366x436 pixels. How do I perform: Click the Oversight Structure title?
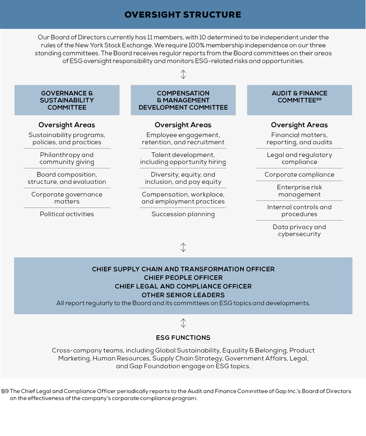click(x=183, y=15)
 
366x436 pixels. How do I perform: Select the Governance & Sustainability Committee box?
click(x=67, y=100)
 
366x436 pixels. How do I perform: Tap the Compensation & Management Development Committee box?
click(x=183, y=100)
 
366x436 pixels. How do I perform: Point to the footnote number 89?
click(x=319, y=99)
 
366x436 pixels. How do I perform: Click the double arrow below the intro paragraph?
click(x=183, y=74)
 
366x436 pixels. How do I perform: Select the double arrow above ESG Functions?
click(x=183, y=323)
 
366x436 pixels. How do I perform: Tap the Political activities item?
click(x=67, y=214)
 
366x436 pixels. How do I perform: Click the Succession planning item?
click(x=183, y=214)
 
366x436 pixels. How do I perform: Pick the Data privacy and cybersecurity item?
click(x=299, y=230)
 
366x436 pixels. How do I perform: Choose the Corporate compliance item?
click(x=299, y=175)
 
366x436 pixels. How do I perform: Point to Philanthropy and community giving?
click(x=67, y=158)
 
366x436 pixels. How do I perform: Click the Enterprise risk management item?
click(x=299, y=191)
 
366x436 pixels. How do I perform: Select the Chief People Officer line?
click(x=183, y=278)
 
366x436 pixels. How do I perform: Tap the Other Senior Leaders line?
click(x=183, y=295)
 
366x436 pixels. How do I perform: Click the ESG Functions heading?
click(x=183, y=338)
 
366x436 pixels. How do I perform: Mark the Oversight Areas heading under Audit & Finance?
click(x=299, y=125)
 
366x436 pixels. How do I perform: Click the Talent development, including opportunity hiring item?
click(x=183, y=158)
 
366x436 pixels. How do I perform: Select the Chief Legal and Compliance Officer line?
click(x=183, y=287)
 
